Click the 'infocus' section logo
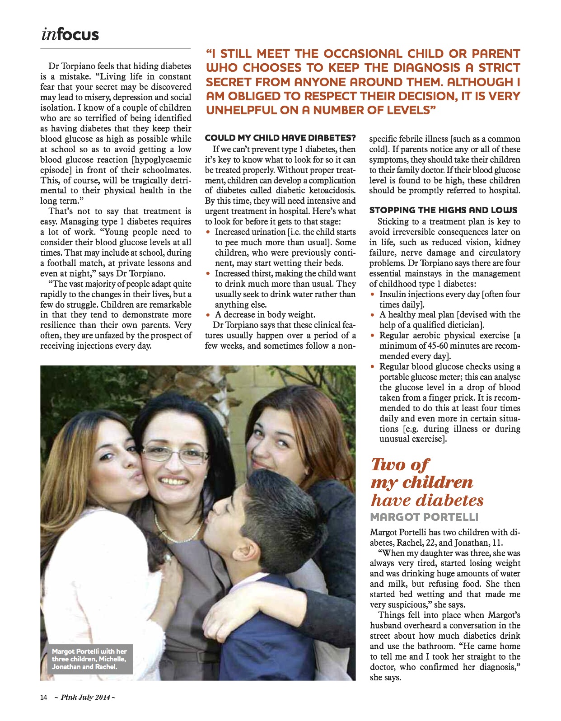(70, 34)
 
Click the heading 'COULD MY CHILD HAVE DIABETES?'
(280, 138)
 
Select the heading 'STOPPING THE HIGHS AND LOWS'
(443, 210)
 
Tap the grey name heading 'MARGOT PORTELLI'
(424, 517)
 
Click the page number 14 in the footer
(43, 697)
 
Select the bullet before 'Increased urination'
(208, 232)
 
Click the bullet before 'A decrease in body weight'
(208, 315)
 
